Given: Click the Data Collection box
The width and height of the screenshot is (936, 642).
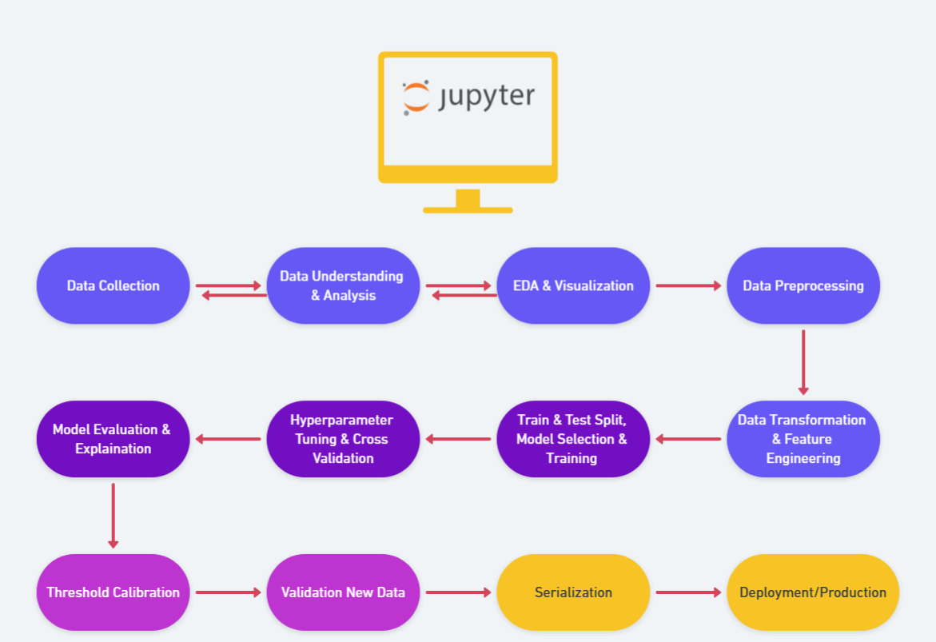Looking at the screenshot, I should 113,285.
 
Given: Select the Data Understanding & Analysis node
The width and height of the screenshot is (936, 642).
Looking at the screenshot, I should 343,285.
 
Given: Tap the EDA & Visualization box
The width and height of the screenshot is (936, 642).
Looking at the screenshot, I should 573,285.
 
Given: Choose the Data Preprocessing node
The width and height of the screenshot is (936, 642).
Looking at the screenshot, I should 803,285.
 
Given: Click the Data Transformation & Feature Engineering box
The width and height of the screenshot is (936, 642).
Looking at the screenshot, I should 803,439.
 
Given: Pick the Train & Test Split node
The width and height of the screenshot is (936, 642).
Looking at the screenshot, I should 573,439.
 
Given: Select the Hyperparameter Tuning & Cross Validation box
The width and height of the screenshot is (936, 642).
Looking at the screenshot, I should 343,439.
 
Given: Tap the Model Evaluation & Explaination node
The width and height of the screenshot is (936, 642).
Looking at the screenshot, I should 113,439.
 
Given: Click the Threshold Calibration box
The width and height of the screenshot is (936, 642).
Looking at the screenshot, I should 113,592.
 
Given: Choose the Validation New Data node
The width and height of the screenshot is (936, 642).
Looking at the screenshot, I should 343,592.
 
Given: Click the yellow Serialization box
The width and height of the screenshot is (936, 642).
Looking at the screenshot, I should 573,592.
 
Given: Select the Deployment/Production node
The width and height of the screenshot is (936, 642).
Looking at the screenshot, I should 813,592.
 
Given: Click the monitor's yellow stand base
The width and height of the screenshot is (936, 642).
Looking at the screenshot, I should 468,209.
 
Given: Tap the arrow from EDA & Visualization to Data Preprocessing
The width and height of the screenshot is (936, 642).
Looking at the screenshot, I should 688,285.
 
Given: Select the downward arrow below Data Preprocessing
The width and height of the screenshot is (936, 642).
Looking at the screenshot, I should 803,362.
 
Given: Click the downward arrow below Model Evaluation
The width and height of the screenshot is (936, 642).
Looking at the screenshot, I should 113,516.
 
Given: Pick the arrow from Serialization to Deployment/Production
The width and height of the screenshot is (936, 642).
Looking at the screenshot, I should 688,592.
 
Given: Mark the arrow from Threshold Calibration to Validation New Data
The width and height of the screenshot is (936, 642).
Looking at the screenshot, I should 228,592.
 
